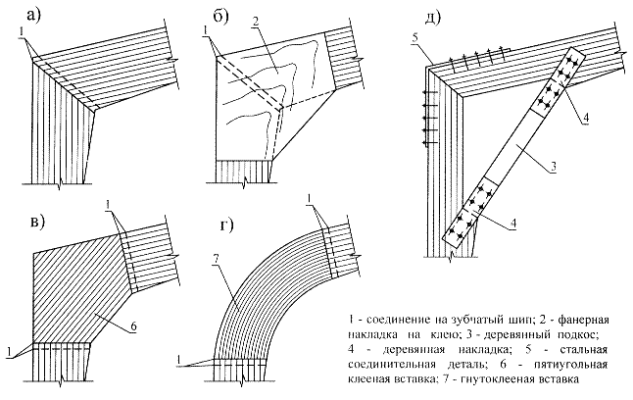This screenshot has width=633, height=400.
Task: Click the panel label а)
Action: (33, 16)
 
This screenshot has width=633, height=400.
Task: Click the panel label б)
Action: (220, 16)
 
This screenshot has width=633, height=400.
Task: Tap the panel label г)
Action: (226, 225)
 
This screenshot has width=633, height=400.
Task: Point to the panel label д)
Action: (432, 16)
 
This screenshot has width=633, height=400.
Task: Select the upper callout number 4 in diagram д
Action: (585, 119)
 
